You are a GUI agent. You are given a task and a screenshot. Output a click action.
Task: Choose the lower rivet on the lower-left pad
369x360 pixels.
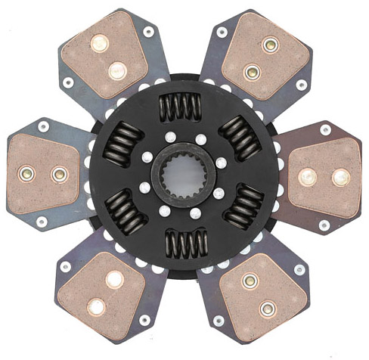coord(97,306)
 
